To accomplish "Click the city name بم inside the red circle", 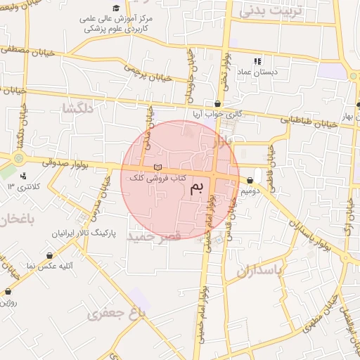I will pyautogui.click(x=200, y=187).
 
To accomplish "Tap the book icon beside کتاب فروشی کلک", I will pyautogui.click(x=157, y=167).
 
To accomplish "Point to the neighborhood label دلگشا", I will pyautogui.click(x=78, y=108).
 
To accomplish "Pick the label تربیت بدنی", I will pyautogui.click(x=266, y=11).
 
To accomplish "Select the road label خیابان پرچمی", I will pyautogui.click(x=147, y=75).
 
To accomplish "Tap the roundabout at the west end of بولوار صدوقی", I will pyautogui.click(x=18, y=159).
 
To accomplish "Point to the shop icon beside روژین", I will pyautogui.click(x=8, y=291).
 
